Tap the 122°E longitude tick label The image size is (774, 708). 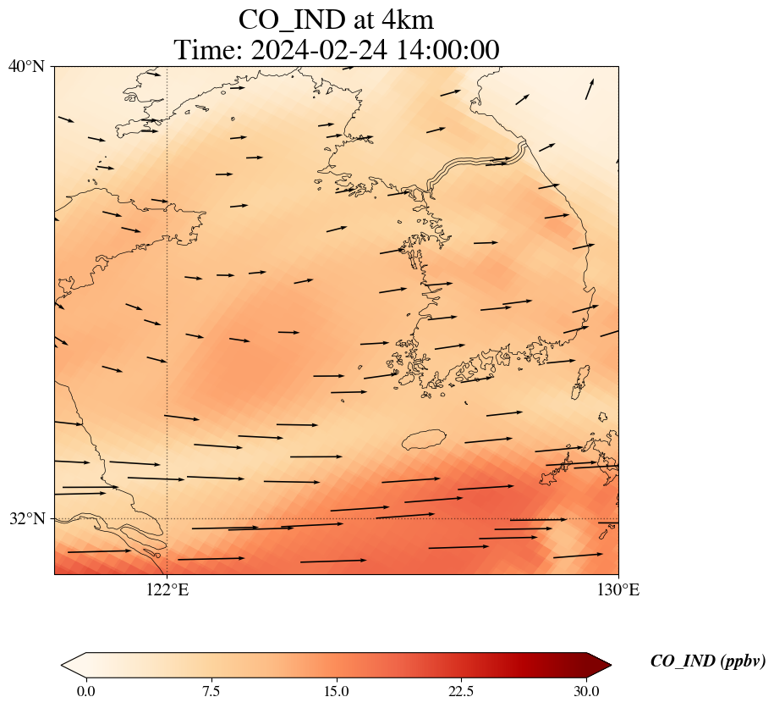click(x=167, y=590)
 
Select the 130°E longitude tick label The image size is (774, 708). click(x=618, y=590)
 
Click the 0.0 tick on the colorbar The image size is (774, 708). click(x=85, y=690)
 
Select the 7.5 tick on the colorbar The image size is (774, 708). click(x=211, y=690)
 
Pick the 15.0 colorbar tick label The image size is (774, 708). click(x=336, y=690)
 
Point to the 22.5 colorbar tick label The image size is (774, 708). click(x=461, y=690)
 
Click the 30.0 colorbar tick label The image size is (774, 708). click(x=586, y=690)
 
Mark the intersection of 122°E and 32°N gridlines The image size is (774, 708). click(x=167, y=518)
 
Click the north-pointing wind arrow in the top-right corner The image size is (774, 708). click(x=589, y=89)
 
